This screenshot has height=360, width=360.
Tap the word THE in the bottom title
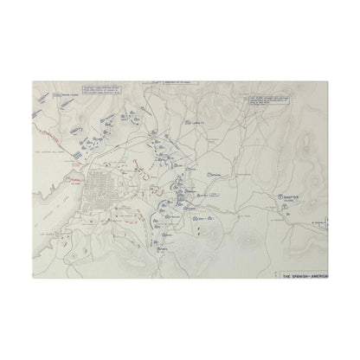(x=291, y=276)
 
